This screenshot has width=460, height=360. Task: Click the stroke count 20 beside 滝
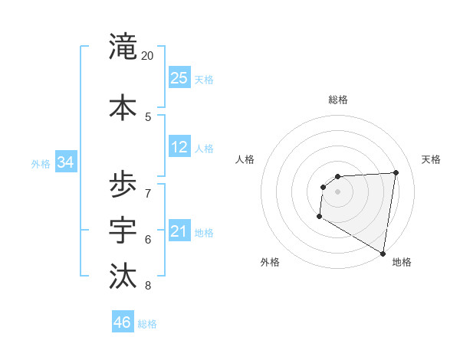pos(148,56)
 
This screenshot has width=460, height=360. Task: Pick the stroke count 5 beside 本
pos(148,116)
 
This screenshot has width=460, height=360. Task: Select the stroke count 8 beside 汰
pos(148,286)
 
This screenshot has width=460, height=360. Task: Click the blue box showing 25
pos(179,77)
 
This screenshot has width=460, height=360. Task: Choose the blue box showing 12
pos(179,147)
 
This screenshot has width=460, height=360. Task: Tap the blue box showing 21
pos(179,231)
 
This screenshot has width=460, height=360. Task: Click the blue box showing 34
pos(65,162)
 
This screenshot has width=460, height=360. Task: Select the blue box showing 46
pos(123,322)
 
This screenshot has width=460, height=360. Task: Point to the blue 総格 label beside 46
pos(148,324)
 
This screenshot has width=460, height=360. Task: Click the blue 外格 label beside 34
pos(41,164)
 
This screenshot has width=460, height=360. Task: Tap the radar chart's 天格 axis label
pos(432,159)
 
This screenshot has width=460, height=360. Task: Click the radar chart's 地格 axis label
pos(402,262)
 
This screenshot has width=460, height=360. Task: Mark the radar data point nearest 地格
pos(383,253)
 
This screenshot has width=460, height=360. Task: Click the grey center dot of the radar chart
pos(337,191)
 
